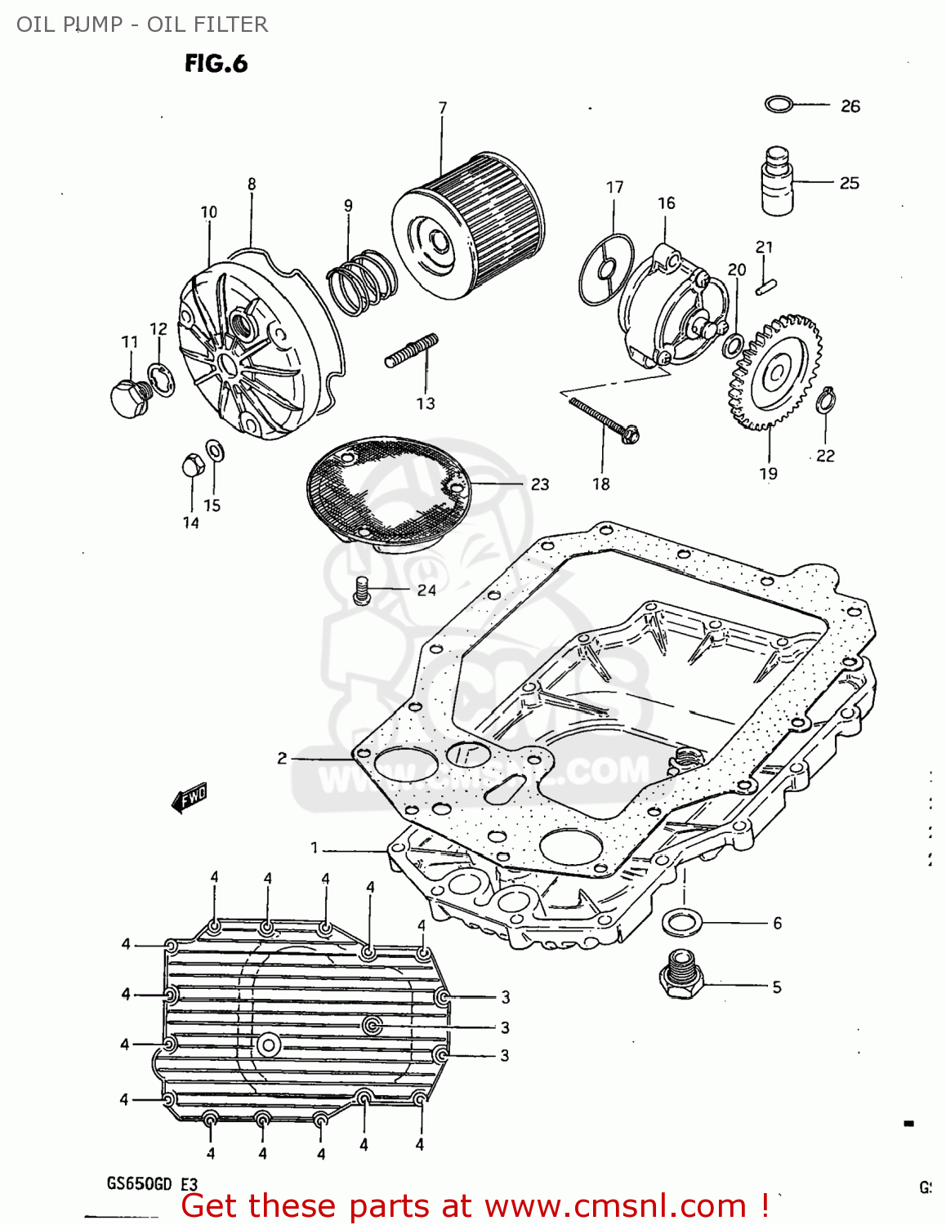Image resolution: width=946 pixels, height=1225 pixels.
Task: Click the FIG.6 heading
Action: pyautogui.click(x=216, y=64)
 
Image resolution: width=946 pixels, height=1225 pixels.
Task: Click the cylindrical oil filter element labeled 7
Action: pyautogui.click(x=467, y=225)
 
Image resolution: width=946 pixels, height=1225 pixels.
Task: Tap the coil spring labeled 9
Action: pyautogui.click(x=362, y=282)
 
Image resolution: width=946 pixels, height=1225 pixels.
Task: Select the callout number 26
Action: pyautogui.click(x=850, y=106)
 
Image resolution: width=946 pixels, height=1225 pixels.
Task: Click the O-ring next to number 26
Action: pyautogui.click(x=779, y=105)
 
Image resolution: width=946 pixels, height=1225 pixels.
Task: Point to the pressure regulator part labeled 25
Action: pyautogui.click(x=777, y=181)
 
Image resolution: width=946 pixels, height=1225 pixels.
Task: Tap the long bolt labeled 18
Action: pyautogui.click(x=605, y=418)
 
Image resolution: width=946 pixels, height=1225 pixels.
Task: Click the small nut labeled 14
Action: pyautogui.click(x=193, y=465)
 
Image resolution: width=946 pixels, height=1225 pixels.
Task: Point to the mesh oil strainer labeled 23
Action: pyautogui.click(x=388, y=491)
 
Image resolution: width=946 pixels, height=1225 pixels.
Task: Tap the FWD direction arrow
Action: pyautogui.click(x=190, y=797)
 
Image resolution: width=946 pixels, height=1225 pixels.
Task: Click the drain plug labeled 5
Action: pyautogui.click(x=680, y=974)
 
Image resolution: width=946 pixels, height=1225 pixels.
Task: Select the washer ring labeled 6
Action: pyautogui.click(x=681, y=923)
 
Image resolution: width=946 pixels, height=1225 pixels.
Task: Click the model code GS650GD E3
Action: pyautogui.click(x=152, y=1183)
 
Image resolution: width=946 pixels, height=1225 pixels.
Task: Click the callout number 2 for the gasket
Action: pyautogui.click(x=282, y=759)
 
